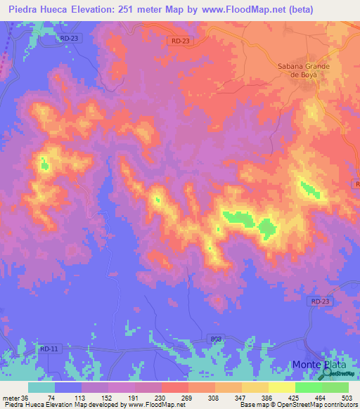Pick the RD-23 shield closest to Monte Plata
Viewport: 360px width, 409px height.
319,301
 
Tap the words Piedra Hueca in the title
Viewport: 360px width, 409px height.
42,9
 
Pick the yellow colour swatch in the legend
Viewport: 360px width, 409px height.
281,387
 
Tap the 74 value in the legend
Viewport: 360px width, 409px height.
51,397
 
